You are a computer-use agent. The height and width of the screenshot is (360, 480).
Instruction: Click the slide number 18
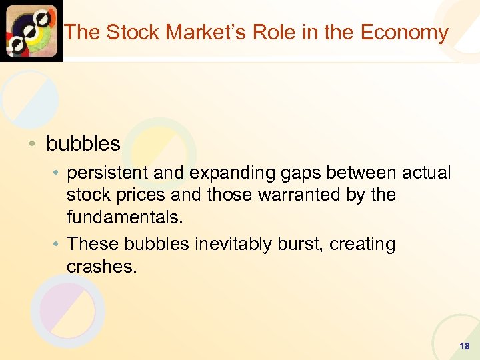coord(465,347)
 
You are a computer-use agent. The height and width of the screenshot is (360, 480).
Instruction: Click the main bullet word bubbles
coord(83,143)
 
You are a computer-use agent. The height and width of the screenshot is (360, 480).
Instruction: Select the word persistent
coord(108,173)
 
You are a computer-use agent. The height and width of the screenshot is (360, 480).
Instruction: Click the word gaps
coord(297,173)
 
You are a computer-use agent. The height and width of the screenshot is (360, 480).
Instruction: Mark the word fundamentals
coord(125,217)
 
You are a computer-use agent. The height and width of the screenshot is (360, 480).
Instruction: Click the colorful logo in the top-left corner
coord(31,31)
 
